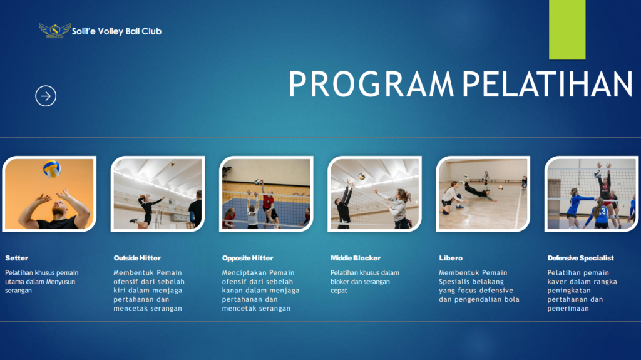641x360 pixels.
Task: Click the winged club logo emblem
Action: [55, 31]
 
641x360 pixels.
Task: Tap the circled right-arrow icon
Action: [46, 96]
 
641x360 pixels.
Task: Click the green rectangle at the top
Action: [567, 29]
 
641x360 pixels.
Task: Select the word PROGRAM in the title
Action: [371, 84]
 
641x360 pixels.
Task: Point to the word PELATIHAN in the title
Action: [547, 84]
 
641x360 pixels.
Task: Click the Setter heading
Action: [17, 258]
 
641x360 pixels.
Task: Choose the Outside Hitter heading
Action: [137, 258]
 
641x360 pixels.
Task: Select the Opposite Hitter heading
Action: [248, 258]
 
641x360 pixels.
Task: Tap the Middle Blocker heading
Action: [356, 258]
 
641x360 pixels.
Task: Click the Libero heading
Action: [451, 258]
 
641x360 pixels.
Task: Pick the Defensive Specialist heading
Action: [580, 258]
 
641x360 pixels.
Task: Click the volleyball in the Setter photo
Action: [52, 168]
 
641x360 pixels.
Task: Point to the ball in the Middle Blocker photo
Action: [361, 177]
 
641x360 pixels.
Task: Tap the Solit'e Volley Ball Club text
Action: [116, 31]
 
